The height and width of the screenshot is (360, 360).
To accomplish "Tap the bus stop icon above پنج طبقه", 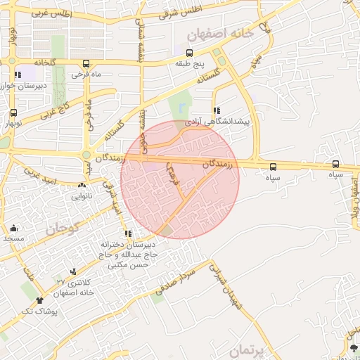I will [189, 53].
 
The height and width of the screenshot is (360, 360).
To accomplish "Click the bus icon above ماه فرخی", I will [86, 63].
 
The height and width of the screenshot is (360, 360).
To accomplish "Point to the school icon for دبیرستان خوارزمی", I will [18, 75].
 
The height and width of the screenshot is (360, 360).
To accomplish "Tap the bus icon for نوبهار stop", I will [13, 113].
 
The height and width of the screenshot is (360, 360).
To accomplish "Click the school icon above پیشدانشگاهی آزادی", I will [217, 110].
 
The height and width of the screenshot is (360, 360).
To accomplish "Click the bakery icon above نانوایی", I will [82, 186].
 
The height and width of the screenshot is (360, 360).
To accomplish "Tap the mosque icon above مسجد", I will [13, 228].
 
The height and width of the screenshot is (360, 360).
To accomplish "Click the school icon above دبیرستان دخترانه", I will [127, 233].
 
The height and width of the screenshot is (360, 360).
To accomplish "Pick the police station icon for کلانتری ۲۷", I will [73, 271].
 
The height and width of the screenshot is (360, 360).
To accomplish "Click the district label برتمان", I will [249, 349].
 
